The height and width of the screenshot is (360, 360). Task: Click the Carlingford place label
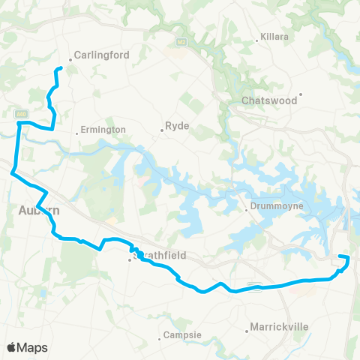click(x=102, y=55)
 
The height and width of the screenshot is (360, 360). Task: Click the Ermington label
click(x=104, y=130)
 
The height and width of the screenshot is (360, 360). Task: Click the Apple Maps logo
click(x=28, y=347)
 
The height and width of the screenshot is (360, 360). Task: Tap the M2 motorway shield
click(x=181, y=40)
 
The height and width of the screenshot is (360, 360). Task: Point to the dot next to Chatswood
click(x=301, y=96)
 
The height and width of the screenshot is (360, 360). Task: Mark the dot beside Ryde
click(x=162, y=131)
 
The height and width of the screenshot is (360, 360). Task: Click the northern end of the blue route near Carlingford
click(x=58, y=70)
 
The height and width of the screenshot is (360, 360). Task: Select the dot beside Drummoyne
click(x=247, y=210)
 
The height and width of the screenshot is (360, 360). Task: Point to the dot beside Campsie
click(x=158, y=338)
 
